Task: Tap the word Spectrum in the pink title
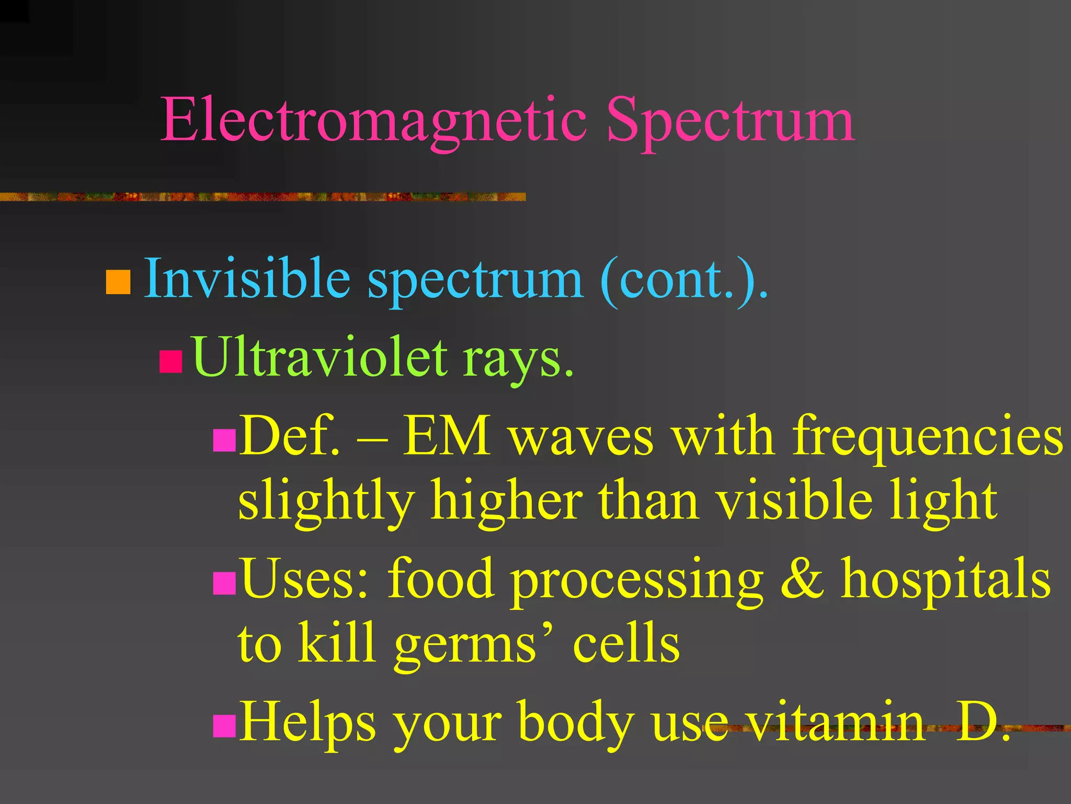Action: coord(730,121)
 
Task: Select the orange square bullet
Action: coord(118,282)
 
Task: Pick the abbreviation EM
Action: coord(447,436)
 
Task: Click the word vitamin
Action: coord(835,722)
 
